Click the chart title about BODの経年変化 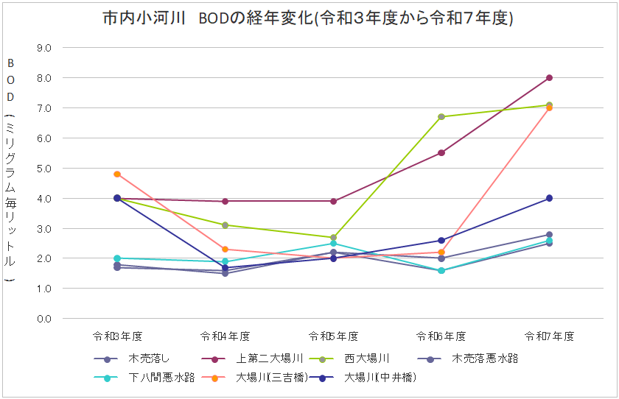pyautogui.click(x=308, y=18)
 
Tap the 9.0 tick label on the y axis pyautogui.click(x=44, y=48)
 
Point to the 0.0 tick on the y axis pyautogui.click(x=44, y=319)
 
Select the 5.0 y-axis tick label pyautogui.click(x=44, y=169)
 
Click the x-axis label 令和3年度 pyautogui.click(x=117, y=336)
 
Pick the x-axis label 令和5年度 pyautogui.click(x=333, y=336)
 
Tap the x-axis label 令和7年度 pyautogui.click(x=549, y=336)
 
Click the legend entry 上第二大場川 pyautogui.click(x=252, y=359)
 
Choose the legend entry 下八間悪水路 pyautogui.click(x=144, y=378)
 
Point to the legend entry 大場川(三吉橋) pyautogui.click(x=255, y=378)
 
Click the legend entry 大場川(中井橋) pyautogui.click(x=363, y=378)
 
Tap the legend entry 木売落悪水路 pyautogui.click(x=468, y=359)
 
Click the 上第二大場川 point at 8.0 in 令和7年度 pyautogui.click(x=549, y=78)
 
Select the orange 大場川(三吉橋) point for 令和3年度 pyautogui.click(x=117, y=174)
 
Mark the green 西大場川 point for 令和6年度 pyautogui.click(x=441, y=117)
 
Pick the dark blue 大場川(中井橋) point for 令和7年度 pyautogui.click(x=549, y=198)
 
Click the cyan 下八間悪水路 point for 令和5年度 pyautogui.click(x=333, y=243)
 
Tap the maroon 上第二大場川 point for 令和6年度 pyautogui.click(x=441, y=153)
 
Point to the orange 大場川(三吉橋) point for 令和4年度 pyautogui.click(x=225, y=249)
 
